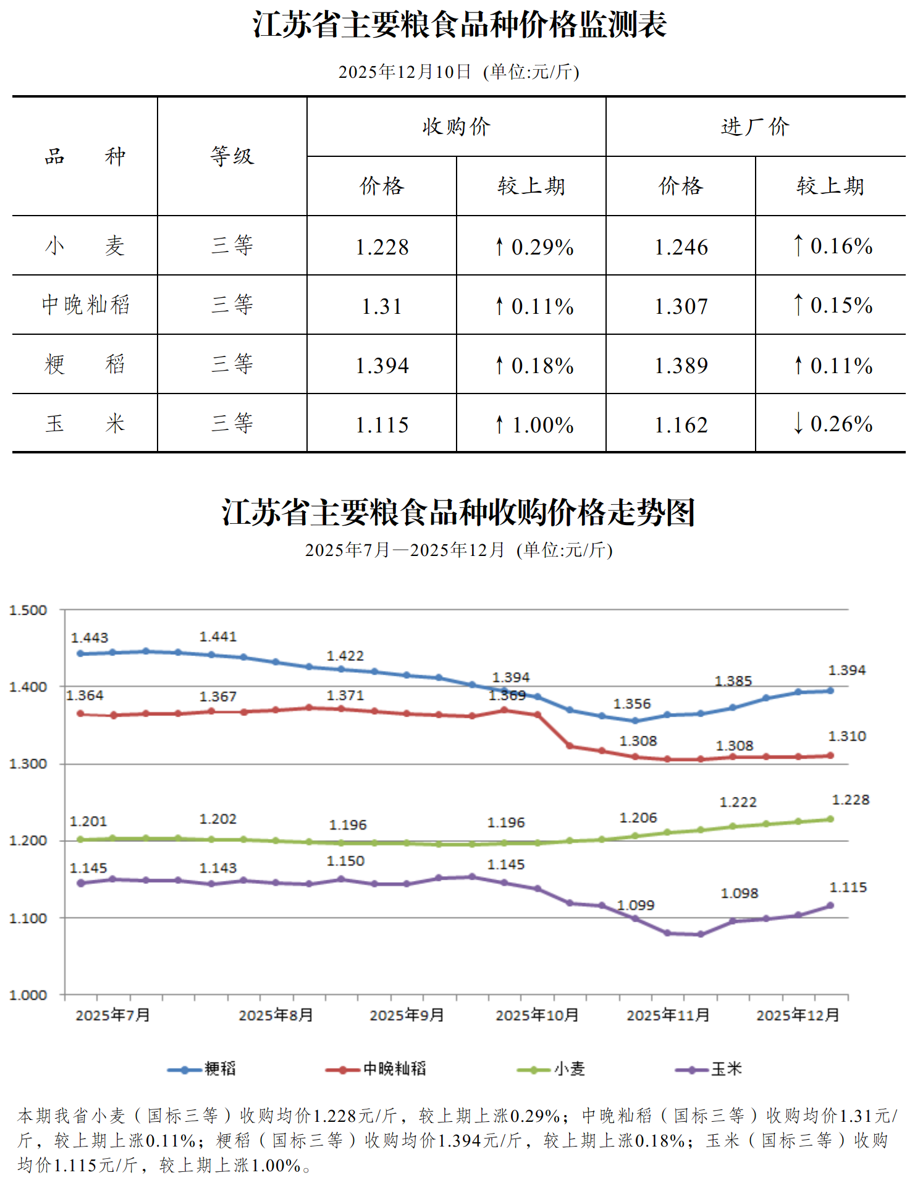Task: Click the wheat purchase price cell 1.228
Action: (x=382, y=247)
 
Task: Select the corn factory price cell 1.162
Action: (x=681, y=425)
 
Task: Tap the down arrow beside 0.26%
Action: (x=798, y=424)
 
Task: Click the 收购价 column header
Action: (x=456, y=127)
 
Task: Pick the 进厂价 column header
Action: (x=755, y=127)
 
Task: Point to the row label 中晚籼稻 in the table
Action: (x=85, y=305)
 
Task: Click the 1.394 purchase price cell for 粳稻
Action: (x=382, y=366)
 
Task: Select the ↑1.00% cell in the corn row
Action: (x=535, y=425)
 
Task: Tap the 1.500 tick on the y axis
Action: (x=28, y=610)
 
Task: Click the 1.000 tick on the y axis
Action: (x=28, y=995)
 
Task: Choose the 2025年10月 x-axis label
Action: (x=537, y=1015)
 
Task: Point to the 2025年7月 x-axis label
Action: (x=113, y=1015)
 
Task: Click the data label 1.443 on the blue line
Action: (x=90, y=638)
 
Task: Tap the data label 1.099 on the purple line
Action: (x=636, y=905)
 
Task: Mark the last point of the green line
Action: (x=830, y=819)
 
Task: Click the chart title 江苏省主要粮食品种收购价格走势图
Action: (x=458, y=513)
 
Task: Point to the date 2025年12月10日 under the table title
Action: (x=405, y=72)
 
